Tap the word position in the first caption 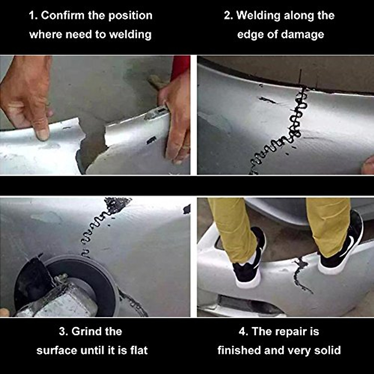coord(129,15)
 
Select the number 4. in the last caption coord(243,331)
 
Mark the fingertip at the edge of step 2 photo coord(369,165)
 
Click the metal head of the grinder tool coord(62,299)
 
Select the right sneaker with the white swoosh coord(343,246)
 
